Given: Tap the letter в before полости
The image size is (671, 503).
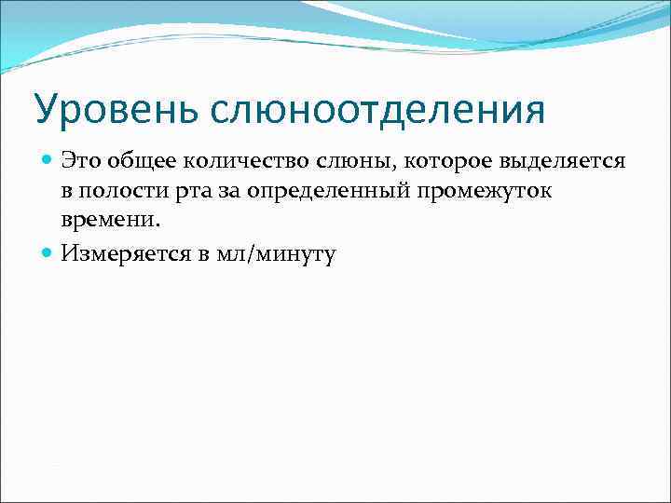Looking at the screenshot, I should click(x=67, y=192).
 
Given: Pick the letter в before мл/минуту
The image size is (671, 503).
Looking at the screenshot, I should click(x=201, y=253).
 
